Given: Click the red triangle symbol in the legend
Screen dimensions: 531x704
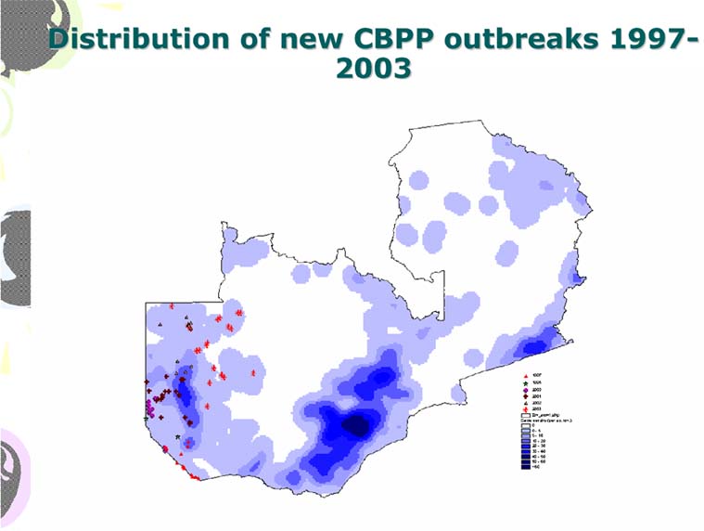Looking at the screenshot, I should click(525, 374).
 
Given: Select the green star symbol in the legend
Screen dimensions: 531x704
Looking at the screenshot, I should click(525, 382).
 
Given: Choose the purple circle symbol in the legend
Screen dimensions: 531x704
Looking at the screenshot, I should click(525, 389).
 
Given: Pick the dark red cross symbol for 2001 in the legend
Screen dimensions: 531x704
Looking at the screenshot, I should click(525, 395).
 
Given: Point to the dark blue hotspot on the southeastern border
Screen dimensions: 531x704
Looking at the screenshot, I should click(534, 346).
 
